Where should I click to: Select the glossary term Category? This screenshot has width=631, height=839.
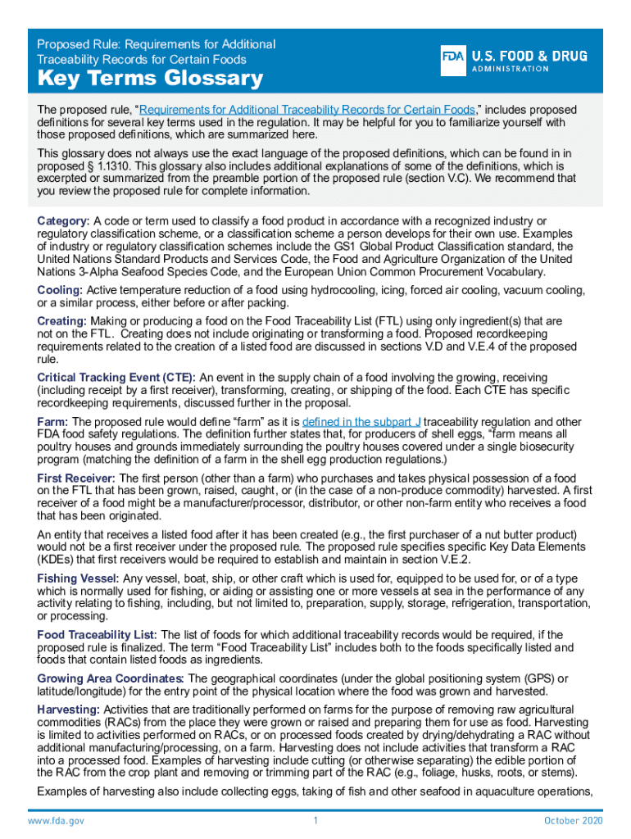(x=63, y=221)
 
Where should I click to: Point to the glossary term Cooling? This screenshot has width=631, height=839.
(x=60, y=290)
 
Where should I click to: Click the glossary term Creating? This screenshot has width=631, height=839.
(x=62, y=321)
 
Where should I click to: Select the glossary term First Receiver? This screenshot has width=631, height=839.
(x=77, y=478)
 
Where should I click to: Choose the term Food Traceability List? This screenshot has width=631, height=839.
(x=98, y=635)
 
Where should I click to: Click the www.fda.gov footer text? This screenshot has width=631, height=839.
(x=56, y=821)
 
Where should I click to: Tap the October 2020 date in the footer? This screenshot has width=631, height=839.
(x=573, y=821)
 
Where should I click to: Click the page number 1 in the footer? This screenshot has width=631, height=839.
(x=315, y=821)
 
